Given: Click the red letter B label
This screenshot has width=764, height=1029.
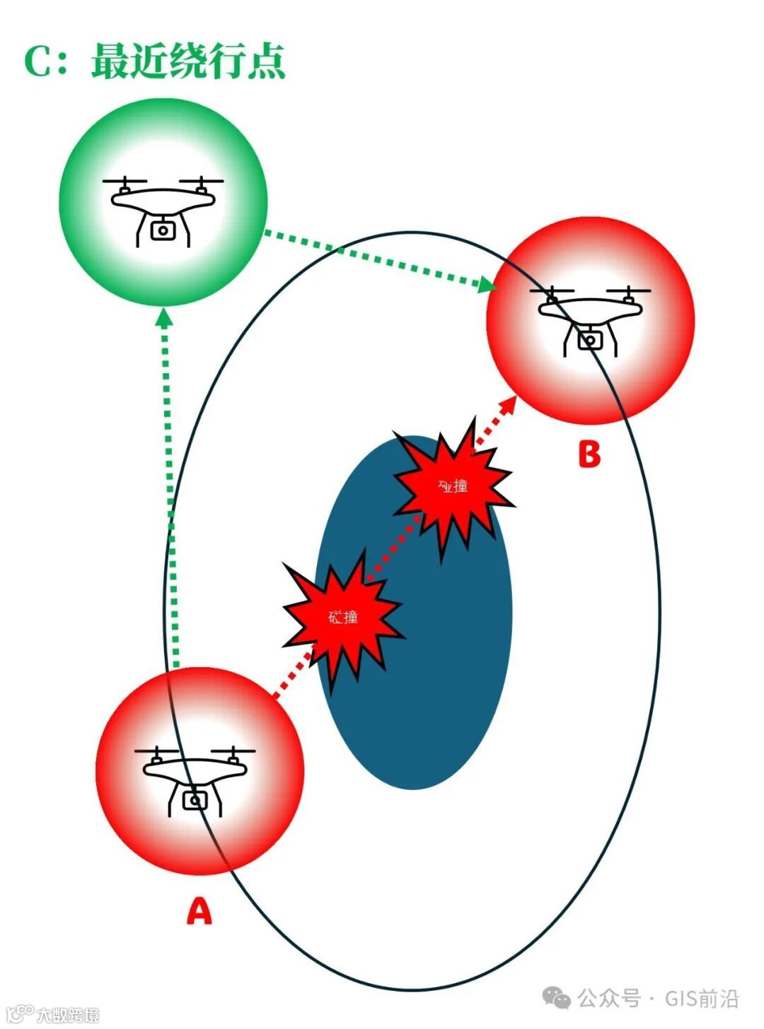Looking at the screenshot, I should click(589, 454).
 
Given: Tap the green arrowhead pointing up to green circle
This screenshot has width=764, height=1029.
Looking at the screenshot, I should click(164, 317).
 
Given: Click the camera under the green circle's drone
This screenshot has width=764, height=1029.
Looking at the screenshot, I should click(163, 230).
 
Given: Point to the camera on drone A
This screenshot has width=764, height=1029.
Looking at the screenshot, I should click(195, 800).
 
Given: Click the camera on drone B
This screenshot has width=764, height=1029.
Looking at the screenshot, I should click(589, 340).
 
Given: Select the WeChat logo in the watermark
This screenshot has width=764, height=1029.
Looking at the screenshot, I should click(557, 998).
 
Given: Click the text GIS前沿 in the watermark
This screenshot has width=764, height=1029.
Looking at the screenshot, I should click(701, 999).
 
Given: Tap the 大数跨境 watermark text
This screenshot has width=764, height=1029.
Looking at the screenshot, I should click(68, 1015).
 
